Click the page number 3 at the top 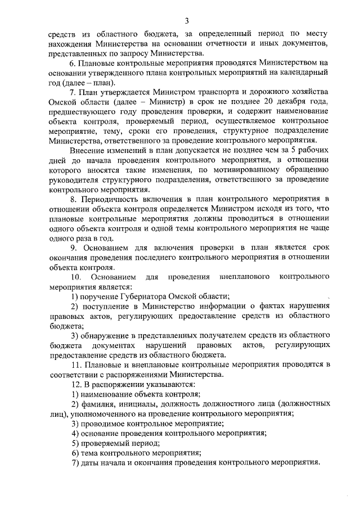(x=187, y=21)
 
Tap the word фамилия (x=98, y=404)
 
